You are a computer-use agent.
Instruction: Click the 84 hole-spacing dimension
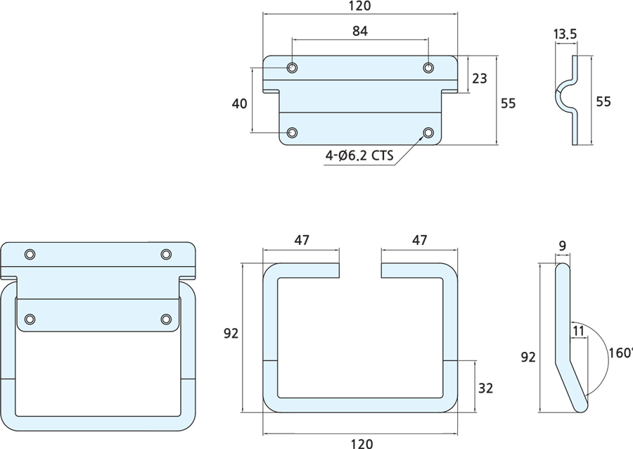(x=359, y=31)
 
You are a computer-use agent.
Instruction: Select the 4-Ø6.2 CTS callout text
(x=359, y=156)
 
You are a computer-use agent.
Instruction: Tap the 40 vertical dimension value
(x=239, y=103)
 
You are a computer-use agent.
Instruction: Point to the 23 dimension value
(x=479, y=79)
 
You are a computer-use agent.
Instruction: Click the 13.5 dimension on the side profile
(x=565, y=34)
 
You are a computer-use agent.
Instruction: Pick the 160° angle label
(x=621, y=352)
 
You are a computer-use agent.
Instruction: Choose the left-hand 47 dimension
(x=302, y=240)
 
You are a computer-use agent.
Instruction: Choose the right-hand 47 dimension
(x=419, y=240)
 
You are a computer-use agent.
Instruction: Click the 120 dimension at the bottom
(x=361, y=443)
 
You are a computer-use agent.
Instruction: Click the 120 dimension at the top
(x=359, y=6)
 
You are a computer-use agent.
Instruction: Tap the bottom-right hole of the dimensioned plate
(x=428, y=132)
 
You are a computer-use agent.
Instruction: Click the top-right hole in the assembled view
(x=166, y=254)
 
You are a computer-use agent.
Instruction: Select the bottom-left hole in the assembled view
(x=30, y=320)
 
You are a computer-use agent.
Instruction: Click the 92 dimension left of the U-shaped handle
(x=230, y=334)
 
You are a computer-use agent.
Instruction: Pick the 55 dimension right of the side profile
(x=603, y=101)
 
